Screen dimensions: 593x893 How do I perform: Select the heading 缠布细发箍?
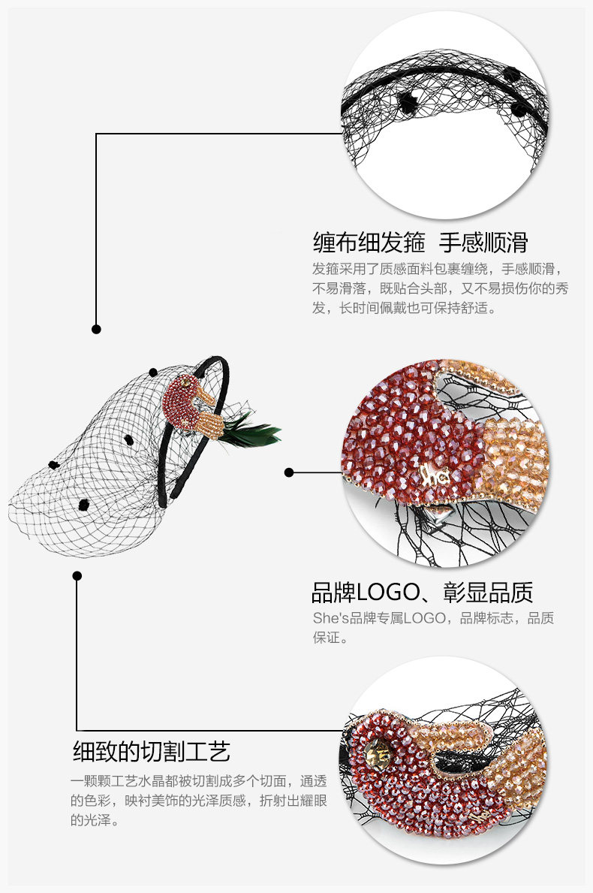[369, 243]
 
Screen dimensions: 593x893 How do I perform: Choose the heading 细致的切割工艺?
[151, 750]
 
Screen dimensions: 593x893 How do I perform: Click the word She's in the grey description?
[327, 618]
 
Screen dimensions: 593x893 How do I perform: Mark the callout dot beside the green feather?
[289, 472]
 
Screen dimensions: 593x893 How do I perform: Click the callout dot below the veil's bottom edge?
[77, 575]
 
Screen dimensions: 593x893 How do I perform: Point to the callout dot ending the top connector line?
[96, 329]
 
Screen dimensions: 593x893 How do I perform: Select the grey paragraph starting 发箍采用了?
[441, 288]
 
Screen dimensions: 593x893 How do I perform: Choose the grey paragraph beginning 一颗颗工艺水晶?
[199, 801]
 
